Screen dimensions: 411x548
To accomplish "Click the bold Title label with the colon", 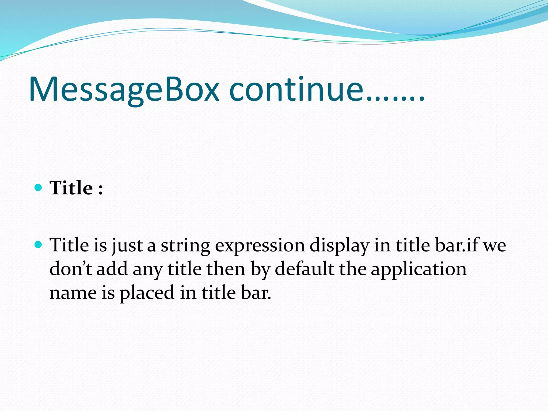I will (76, 188).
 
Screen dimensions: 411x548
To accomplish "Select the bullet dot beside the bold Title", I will (39, 187).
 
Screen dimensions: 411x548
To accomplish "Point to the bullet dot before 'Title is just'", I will (39, 245).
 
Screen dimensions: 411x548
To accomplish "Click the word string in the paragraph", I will (185, 246).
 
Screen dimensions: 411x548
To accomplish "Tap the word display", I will (339, 246).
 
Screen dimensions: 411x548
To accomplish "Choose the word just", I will (127, 246).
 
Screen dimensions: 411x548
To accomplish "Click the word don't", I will (71, 269).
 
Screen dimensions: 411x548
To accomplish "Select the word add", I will (112, 269).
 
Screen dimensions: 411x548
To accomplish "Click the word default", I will (305, 269).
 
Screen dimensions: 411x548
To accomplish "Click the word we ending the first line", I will (495, 246).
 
